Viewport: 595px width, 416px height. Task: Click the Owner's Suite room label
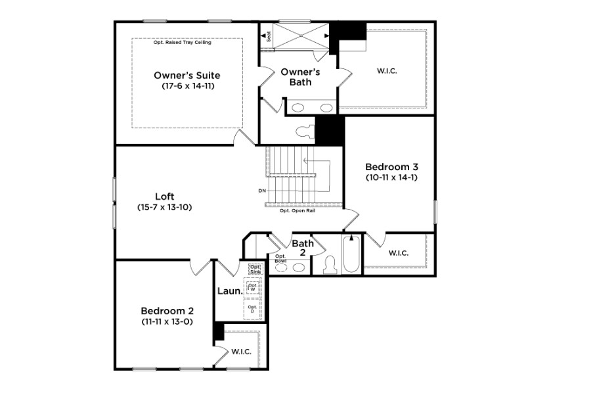(x=187, y=75)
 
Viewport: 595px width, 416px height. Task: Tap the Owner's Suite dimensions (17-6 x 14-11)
(x=187, y=86)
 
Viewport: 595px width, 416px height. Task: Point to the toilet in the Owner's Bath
(x=304, y=131)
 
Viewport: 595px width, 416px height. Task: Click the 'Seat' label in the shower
(x=269, y=37)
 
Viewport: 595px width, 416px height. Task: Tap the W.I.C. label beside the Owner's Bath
(x=387, y=70)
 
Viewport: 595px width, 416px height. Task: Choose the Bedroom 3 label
(x=391, y=166)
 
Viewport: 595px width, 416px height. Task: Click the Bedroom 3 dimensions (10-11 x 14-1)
(x=391, y=177)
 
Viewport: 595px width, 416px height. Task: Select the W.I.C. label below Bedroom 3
(x=398, y=252)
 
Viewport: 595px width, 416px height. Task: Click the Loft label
(x=164, y=196)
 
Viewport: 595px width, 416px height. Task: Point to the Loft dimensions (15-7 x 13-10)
(x=164, y=207)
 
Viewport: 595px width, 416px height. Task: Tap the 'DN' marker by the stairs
(x=262, y=191)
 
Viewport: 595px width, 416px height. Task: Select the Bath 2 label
(x=303, y=248)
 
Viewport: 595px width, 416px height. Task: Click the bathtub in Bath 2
(x=351, y=257)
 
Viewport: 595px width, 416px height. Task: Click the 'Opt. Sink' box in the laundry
(x=255, y=268)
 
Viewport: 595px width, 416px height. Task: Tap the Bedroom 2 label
(x=167, y=310)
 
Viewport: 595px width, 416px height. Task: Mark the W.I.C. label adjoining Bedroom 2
(x=241, y=352)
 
